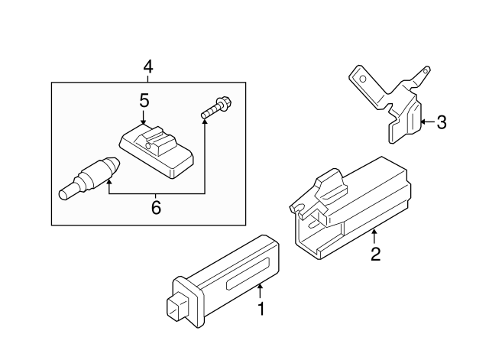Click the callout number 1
(x=261, y=310)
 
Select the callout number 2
(x=375, y=253)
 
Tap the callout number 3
(x=442, y=122)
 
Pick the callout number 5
(x=144, y=100)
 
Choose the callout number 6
(x=156, y=206)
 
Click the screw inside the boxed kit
(x=217, y=108)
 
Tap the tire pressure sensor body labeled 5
(x=157, y=148)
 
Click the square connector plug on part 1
(x=176, y=305)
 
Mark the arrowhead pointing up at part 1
(x=261, y=288)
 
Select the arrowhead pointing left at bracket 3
(x=424, y=122)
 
